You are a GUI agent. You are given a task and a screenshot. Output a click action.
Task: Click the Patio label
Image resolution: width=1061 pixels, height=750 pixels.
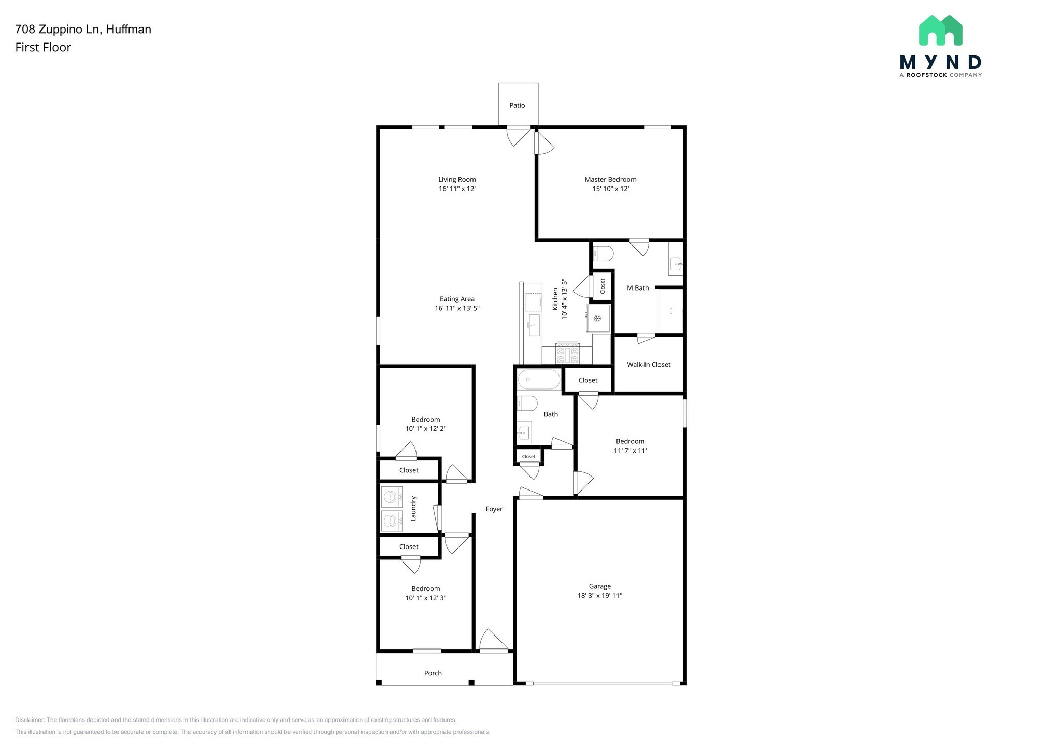pos(517,105)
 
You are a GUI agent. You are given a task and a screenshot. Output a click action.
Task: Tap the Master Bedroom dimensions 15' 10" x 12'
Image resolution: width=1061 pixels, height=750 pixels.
pos(610,189)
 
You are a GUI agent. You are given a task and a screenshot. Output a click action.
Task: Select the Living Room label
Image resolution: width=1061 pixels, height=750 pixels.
pos(457,180)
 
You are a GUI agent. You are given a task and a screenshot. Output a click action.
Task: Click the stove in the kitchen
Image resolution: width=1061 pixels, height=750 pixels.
pos(567,353)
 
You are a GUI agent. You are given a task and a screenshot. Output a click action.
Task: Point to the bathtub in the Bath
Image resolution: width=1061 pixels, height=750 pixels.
pos(538,380)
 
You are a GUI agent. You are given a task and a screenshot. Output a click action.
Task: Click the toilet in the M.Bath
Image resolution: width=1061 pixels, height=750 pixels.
pos(603,253)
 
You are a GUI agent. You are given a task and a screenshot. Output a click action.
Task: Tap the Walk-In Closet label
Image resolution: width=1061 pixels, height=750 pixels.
pos(649,365)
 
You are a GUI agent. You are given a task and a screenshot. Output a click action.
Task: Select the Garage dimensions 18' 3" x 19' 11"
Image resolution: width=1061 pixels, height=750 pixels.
pos(599,596)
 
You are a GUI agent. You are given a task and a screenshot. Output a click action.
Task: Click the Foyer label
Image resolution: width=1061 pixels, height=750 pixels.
pos(494,509)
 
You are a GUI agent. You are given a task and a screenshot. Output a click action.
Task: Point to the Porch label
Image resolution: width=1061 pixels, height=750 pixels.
pos(433,673)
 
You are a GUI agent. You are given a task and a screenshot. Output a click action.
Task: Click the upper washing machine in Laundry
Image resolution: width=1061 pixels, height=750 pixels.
pos(391,497)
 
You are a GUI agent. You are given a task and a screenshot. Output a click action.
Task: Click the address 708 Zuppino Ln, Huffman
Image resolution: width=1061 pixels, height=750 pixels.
pos(83,30)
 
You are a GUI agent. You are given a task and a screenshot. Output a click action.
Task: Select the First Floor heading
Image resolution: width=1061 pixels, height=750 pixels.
pos(43,48)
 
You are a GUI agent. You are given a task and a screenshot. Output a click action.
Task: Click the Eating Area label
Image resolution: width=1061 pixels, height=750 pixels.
pos(457,299)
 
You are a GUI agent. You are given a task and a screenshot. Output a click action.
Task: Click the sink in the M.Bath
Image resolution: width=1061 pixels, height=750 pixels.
pos(675,265)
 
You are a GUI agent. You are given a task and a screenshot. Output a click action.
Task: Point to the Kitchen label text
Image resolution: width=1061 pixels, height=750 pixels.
pos(555,299)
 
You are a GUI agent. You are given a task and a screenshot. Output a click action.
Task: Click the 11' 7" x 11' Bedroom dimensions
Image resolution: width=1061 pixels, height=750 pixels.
pos(630,451)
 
